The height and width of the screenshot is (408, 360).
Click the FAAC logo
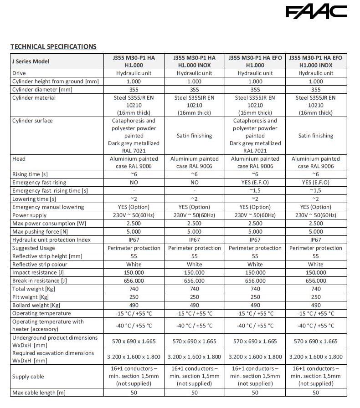click(x=316, y=12)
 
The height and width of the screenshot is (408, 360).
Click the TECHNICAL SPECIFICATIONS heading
click(x=53, y=46)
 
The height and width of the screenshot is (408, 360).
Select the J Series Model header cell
click(x=31, y=61)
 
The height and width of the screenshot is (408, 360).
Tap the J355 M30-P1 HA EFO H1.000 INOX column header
click(x=315, y=61)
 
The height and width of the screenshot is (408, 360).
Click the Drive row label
click(x=19, y=73)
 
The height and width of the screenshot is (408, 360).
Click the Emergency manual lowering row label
click(x=48, y=207)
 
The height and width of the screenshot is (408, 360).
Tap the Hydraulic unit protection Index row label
click(x=51, y=240)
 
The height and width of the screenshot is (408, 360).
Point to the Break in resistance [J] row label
click(x=40, y=281)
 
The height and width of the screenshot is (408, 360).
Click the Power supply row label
click(x=30, y=215)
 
